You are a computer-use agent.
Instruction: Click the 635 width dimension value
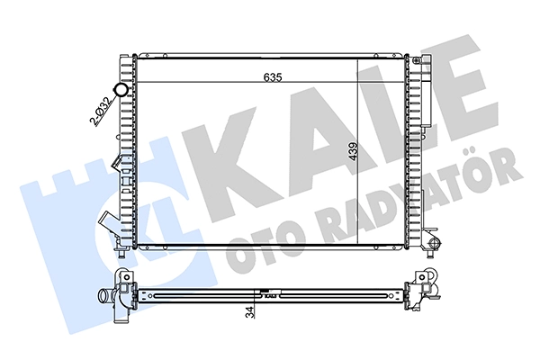[273, 77]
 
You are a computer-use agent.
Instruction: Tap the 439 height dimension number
[354, 151]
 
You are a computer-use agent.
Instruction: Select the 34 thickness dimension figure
[250, 311]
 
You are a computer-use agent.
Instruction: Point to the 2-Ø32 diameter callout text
[101, 110]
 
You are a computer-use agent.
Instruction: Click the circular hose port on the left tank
[121, 90]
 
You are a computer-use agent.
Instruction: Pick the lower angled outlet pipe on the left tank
[108, 224]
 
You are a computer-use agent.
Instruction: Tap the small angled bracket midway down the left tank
[117, 162]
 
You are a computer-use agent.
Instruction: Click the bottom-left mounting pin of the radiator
[121, 253]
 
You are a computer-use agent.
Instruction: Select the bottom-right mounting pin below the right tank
[430, 254]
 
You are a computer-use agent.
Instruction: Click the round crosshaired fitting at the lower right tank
[435, 243]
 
